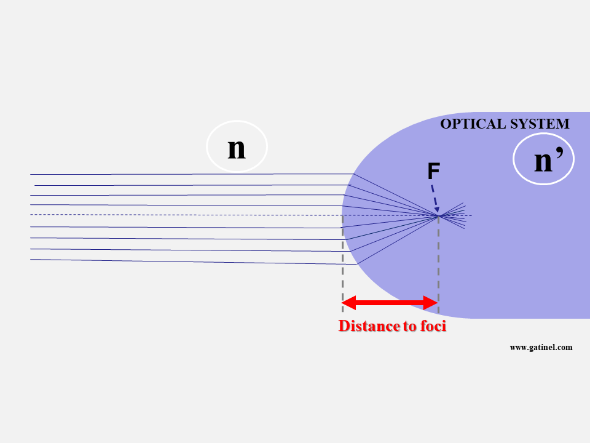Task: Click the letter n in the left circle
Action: point(237,148)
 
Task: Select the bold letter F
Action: point(434,172)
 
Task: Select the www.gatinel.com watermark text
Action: point(541,347)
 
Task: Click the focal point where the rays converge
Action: point(438,215)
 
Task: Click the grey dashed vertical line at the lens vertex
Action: point(342,265)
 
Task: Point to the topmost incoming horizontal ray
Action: point(184,174)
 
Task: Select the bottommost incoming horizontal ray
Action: point(184,261)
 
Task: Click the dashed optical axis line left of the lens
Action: point(184,215)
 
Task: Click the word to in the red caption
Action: point(410,326)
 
